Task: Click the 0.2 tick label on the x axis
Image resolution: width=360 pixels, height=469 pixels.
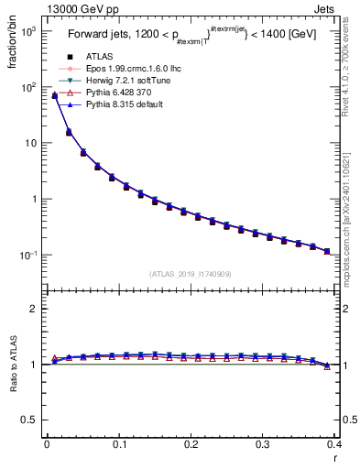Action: pos(191,444)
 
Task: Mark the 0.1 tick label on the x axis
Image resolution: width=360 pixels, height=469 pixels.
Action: pos(118,444)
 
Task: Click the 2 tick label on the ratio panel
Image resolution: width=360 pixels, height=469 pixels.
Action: pos(31,309)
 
